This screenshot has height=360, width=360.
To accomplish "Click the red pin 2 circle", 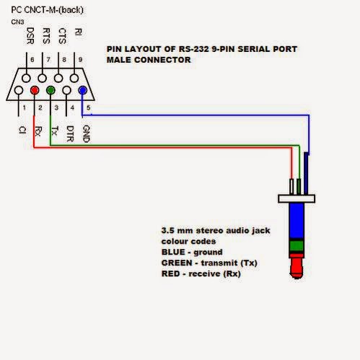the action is pyautogui.click(x=35, y=90).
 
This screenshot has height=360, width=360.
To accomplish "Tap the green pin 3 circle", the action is pyautogui.click(x=51, y=90).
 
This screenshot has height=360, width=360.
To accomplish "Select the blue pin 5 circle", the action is pyautogui.click(x=83, y=90).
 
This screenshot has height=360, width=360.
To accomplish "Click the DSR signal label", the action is pyautogui.click(x=30, y=35).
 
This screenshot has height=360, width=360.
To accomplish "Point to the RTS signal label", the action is pyautogui.click(x=46, y=36).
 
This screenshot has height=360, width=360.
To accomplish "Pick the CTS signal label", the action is pyautogui.click(x=63, y=36).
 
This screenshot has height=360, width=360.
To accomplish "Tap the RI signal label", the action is pyautogui.click(x=79, y=32).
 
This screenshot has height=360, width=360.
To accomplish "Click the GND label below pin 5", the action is pyautogui.click(x=86, y=134).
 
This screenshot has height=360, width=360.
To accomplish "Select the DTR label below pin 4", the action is pyautogui.click(x=70, y=133).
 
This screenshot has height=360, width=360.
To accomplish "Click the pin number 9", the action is pyautogui.click(x=80, y=60).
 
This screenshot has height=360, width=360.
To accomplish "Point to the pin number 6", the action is pyautogui.click(x=32, y=60).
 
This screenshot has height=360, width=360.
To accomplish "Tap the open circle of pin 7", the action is pyautogui.click(x=43, y=78).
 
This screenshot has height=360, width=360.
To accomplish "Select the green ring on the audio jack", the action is pyautogui.click(x=297, y=245).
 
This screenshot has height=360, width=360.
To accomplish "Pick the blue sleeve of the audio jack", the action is pyautogui.click(x=297, y=221).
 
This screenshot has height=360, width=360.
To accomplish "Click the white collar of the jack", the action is pyautogui.click(x=297, y=198).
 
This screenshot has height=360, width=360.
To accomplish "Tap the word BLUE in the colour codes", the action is pyautogui.click(x=173, y=252).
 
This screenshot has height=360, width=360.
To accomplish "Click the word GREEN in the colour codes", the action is pyautogui.click(x=177, y=263).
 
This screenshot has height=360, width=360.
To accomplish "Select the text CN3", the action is pyautogui.click(x=17, y=22).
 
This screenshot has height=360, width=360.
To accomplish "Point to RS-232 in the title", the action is pyautogui.click(x=193, y=49).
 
